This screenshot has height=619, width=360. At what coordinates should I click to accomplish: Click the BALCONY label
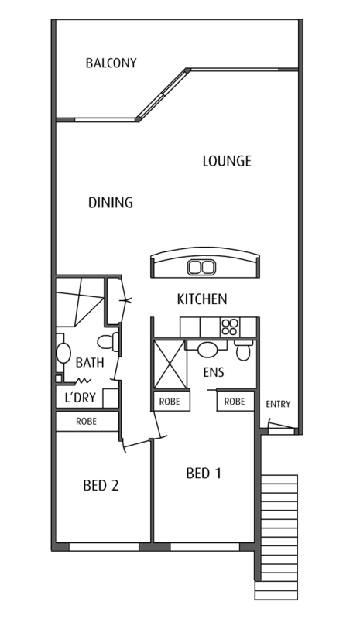[x=111, y=63]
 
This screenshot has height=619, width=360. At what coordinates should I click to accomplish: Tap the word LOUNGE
[x=227, y=161]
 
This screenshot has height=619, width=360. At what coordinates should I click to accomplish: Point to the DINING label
[x=110, y=203]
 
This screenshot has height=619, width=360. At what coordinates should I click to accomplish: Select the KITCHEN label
[x=202, y=299]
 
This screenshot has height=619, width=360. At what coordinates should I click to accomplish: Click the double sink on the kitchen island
[x=201, y=267]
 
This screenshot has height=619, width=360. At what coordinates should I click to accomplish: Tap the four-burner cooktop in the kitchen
[x=229, y=327]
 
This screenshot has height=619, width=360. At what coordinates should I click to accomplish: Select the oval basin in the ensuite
[x=206, y=350]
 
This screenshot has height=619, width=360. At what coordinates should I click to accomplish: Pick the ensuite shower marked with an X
[x=169, y=364]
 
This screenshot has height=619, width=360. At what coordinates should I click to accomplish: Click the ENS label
[x=214, y=372]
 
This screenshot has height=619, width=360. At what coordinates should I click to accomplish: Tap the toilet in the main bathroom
[x=108, y=342]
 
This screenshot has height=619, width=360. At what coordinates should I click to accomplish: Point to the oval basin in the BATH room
[x=63, y=353]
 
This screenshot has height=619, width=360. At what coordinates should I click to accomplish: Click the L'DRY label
[x=81, y=398]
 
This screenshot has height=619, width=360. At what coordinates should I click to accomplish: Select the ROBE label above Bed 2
[x=86, y=422]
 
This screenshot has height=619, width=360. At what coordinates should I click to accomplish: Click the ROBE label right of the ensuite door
[x=235, y=402]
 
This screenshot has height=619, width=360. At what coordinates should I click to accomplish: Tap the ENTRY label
[x=278, y=404]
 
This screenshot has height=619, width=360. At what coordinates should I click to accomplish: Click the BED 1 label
[x=204, y=474]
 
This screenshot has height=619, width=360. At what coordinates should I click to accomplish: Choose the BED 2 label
[x=101, y=486]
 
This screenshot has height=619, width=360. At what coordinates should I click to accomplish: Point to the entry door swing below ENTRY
[x=281, y=425]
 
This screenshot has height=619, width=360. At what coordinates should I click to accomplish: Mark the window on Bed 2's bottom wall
[x=105, y=547]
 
